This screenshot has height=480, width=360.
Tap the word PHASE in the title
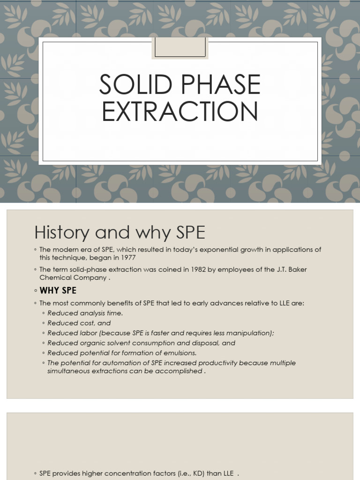click(218, 85)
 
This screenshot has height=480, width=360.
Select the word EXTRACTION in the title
click(180, 112)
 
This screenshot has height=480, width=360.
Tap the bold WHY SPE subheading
click(58, 291)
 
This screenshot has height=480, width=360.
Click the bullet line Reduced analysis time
click(85, 313)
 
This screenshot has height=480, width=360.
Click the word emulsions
click(179, 353)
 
